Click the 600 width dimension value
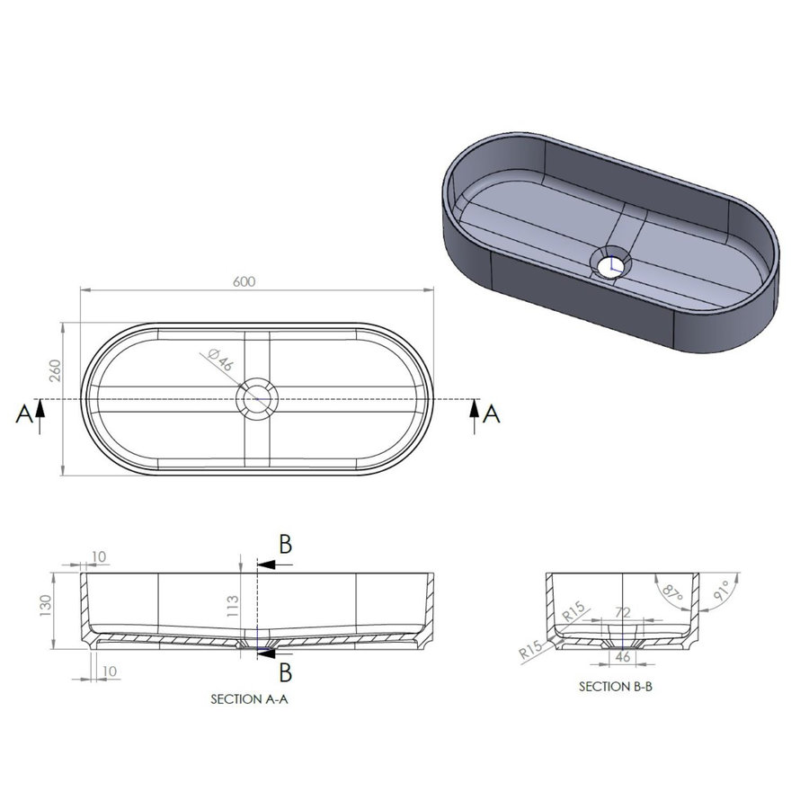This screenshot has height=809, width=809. (x=244, y=281)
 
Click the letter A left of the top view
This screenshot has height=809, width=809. (x=24, y=414)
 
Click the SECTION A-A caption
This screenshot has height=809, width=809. (x=249, y=698)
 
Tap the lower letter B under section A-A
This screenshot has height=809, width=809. (x=284, y=672)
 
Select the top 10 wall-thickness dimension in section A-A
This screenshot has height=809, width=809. (x=98, y=557)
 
